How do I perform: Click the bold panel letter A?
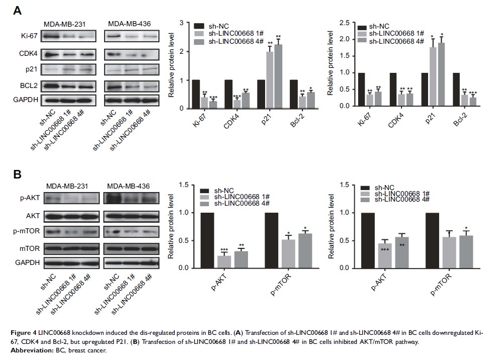tap(17, 11)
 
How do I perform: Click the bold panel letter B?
tap(17, 175)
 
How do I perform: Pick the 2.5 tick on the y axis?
tap(344, 23)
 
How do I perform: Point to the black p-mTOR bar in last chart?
tap(432, 240)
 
